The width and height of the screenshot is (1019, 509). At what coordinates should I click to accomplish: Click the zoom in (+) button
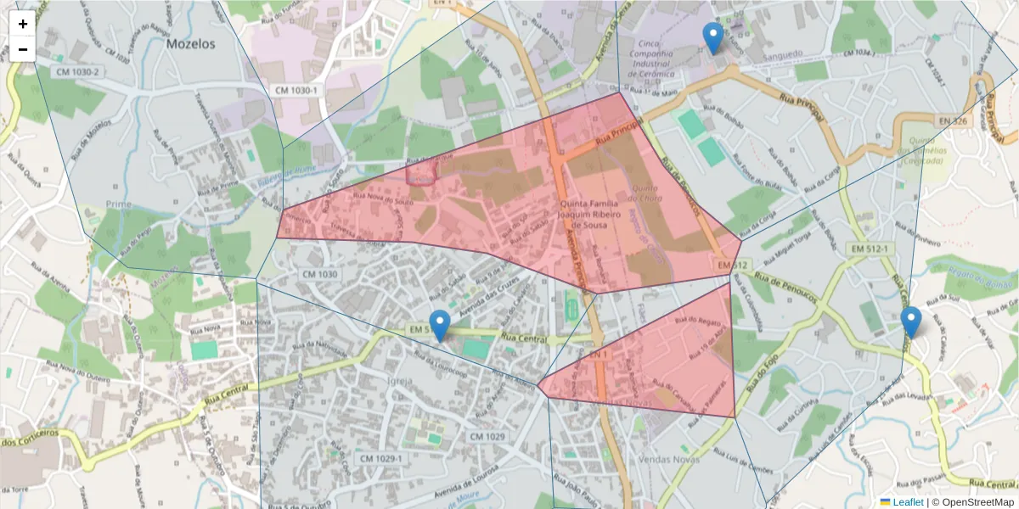23,24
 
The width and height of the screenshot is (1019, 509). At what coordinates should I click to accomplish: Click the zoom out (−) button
23,49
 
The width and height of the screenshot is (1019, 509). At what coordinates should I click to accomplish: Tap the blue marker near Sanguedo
713,39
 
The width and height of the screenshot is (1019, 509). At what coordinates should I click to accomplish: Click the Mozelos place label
191,43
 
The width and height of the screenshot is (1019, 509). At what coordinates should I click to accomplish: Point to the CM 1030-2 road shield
78,72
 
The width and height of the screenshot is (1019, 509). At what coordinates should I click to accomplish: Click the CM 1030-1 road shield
296,90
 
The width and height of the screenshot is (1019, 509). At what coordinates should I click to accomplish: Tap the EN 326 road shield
954,121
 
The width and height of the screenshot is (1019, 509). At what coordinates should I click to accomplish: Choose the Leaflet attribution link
907,502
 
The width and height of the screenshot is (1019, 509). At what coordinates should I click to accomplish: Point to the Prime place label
119,204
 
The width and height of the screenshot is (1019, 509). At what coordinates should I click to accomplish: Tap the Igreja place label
399,381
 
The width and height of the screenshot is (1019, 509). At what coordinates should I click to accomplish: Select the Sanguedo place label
783,53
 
